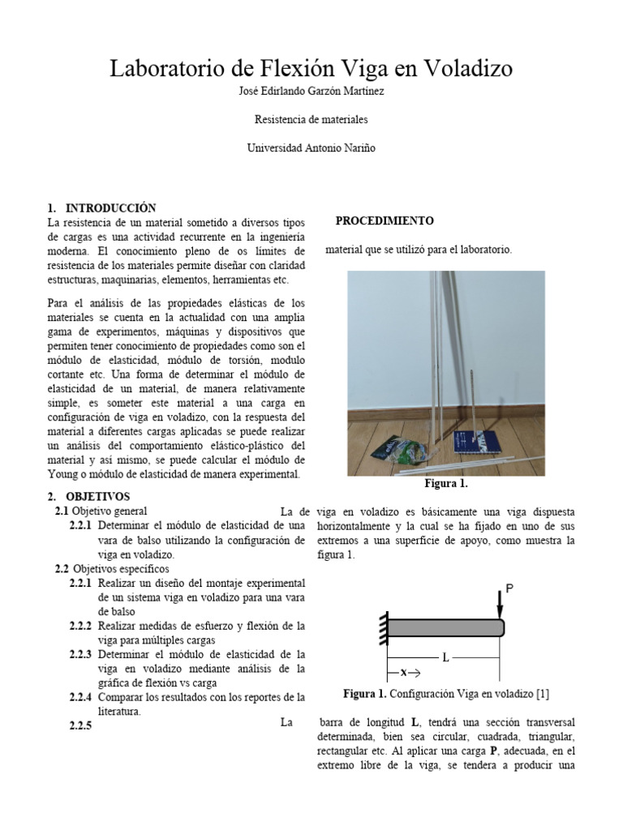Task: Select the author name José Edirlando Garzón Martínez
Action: click(x=311, y=92)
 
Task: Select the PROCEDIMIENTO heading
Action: click(x=385, y=220)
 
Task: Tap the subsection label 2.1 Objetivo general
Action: click(x=101, y=511)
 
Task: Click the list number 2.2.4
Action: click(x=81, y=697)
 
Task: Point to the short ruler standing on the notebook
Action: click(x=470, y=413)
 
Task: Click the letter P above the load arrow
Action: click(x=509, y=588)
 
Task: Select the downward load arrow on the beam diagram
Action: click(x=499, y=605)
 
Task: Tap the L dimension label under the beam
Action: click(x=445, y=658)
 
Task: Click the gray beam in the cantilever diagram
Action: click(x=445, y=627)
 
